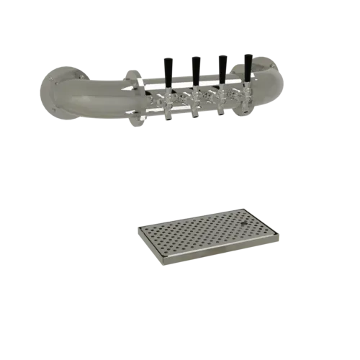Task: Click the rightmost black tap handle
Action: point(248,68)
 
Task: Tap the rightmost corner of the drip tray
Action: point(279,234)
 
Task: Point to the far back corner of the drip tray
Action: point(235,210)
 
